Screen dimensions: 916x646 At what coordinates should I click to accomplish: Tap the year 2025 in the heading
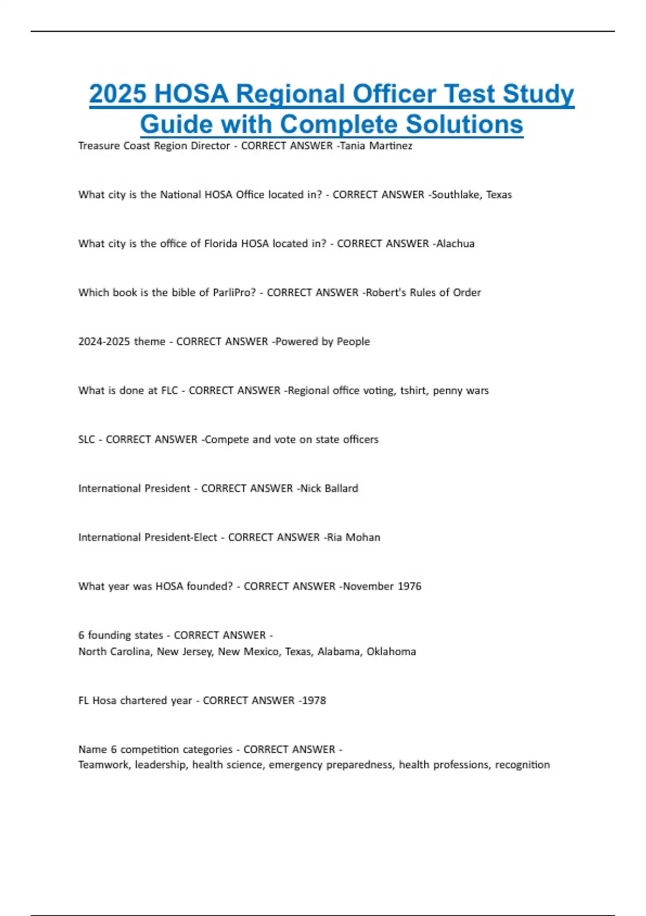coord(117,94)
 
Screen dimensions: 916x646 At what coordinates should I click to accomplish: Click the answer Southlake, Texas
coord(472,195)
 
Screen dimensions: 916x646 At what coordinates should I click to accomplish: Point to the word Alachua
coord(455,244)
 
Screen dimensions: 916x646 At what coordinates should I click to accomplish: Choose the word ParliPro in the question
coord(234,293)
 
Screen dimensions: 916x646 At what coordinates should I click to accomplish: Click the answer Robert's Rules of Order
coord(423,293)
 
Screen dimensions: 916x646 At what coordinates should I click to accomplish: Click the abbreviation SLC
coord(87,440)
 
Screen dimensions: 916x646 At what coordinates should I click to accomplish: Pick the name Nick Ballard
coord(329,489)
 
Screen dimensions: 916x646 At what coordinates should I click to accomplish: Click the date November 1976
coord(382,586)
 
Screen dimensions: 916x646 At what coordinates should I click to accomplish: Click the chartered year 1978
coord(314,701)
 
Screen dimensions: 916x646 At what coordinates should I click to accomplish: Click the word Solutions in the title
coord(464,124)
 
